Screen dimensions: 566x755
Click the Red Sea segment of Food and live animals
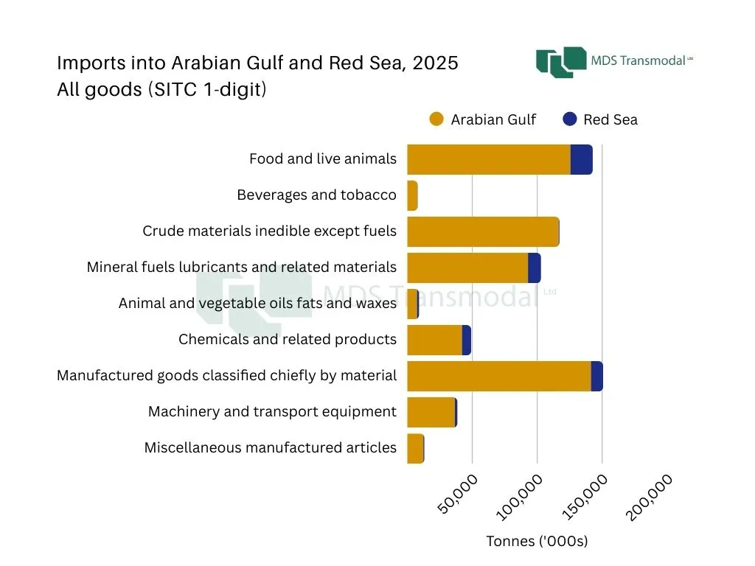(x=581, y=160)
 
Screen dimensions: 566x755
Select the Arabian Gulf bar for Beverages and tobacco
(x=412, y=196)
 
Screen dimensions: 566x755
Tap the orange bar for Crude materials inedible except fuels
(x=483, y=232)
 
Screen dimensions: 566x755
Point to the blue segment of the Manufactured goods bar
(x=596, y=377)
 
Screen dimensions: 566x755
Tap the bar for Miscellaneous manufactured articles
(x=415, y=449)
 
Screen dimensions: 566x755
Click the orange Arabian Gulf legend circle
(x=436, y=119)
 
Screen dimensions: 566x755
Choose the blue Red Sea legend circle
(x=569, y=119)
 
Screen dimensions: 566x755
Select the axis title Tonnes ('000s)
(x=537, y=542)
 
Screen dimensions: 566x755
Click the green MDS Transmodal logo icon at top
(x=560, y=62)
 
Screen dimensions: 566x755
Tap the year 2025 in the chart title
(x=435, y=63)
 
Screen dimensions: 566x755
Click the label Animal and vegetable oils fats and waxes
(x=257, y=304)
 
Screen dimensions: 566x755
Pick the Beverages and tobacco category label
(x=316, y=195)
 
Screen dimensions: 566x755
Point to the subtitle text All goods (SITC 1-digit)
(x=161, y=91)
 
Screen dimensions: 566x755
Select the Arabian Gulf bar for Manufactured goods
(x=498, y=377)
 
